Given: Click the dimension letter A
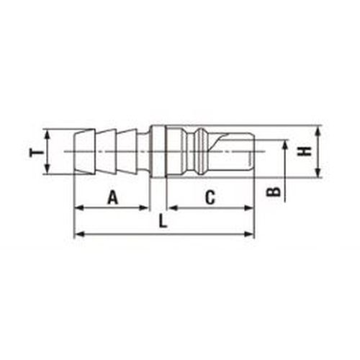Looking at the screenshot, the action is pos(113,197).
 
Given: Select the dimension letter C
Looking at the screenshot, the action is pos(210,197).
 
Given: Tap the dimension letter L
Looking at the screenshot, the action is pos(163,221).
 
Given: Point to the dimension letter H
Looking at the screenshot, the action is pos(305,151).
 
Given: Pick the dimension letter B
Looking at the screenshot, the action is pos(274,192).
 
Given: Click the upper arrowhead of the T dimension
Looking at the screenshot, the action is pos(48,135).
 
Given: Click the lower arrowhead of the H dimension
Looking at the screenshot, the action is pos(318,173).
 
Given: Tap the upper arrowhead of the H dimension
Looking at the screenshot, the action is pos(318,130).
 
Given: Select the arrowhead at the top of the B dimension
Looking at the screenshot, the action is pos(285,145).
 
